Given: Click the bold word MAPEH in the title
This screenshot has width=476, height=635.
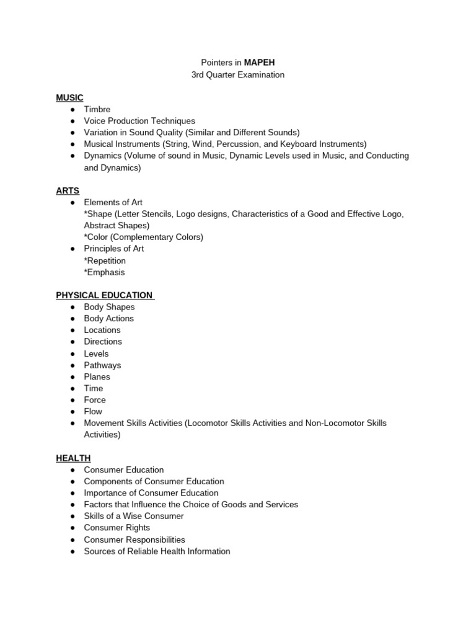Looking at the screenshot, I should click(260, 63).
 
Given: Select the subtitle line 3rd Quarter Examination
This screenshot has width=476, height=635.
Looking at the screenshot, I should click(238, 74).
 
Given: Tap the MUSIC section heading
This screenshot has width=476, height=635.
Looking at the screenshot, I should click(69, 97).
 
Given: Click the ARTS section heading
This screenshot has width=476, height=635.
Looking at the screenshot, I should click(68, 190).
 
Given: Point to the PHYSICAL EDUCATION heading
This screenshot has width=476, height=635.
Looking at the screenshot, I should click(104, 295).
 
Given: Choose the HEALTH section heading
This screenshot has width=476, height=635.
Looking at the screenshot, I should click(73, 458).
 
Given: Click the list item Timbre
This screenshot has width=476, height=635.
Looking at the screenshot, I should click(97, 109).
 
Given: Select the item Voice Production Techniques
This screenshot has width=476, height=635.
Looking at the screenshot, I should click(139, 121).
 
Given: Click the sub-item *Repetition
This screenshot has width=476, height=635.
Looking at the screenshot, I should click(105, 260).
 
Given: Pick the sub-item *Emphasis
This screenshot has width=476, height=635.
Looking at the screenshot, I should click(104, 272).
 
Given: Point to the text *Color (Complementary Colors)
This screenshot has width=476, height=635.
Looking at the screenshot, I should click(143, 237).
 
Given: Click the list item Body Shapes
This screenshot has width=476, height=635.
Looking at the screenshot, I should click(109, 307).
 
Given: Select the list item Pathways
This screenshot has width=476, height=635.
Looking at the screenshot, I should click(102, 365).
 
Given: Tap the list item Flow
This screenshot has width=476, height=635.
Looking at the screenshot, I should click(93, 412).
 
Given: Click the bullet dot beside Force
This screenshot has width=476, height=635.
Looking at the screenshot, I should click(73, 400).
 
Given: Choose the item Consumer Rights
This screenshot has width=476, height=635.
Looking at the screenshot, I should click(117, 528).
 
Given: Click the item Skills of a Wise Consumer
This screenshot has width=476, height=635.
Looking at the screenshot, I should click(134, 516).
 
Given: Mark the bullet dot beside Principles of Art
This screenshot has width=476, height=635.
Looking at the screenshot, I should click(73, 249).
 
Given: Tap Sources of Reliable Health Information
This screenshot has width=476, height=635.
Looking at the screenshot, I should click(157, 551).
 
